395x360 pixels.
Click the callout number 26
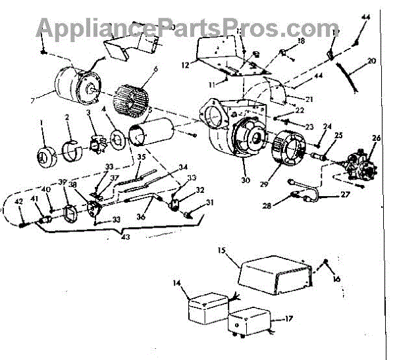click(x=376, y=138)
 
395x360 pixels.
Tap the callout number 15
click(x=222, y=251)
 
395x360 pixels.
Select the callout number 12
click(x=185, y=65)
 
